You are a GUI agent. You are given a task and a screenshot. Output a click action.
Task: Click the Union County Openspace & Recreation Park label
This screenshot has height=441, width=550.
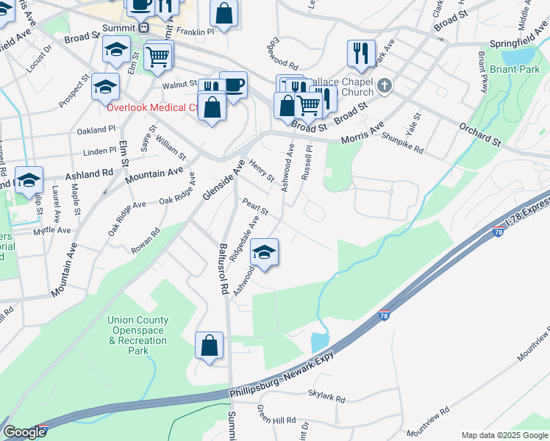point(137,335)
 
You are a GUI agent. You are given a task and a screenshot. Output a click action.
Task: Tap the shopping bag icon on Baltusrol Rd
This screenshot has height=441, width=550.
point(210,345)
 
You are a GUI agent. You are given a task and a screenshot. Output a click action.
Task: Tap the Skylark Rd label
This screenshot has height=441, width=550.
point(326,398)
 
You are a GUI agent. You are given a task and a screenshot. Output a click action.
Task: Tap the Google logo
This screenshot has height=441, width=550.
point(25,432)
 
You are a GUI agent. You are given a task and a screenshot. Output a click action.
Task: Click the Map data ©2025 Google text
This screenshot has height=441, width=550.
point(504,435)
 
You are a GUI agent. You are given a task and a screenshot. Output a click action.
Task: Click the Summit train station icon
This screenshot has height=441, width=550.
point(143,28)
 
